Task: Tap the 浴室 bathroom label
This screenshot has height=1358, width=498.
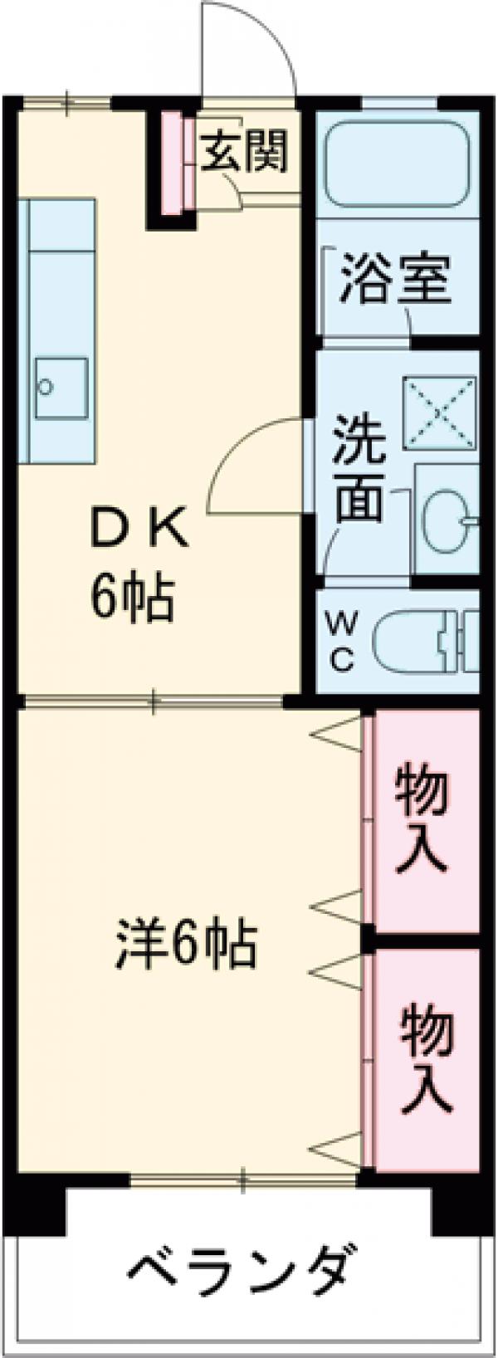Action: click(395, 280)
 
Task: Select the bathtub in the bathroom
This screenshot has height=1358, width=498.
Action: click(398, 164)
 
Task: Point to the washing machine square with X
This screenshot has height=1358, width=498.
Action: click(440, 414)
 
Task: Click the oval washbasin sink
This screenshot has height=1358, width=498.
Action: click(447, 520)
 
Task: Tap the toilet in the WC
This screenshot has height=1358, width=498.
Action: click(425, 642)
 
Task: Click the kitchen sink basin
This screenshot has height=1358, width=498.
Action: click(61, 388)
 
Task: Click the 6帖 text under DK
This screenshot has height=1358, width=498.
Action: click(132, 598)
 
